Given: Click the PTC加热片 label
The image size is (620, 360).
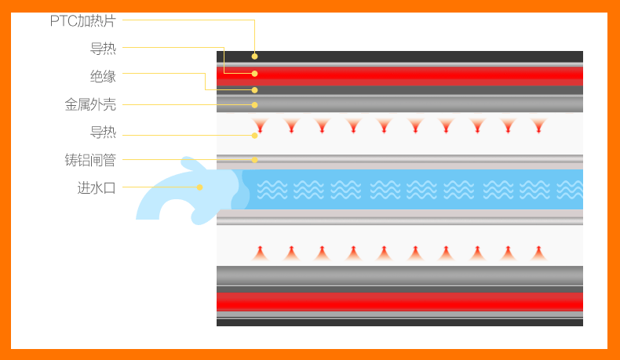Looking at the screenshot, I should [x=82, y=21].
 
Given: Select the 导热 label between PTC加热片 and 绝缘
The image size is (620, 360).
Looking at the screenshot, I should [x=103, y=49].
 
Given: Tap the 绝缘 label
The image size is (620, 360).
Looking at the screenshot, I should [x=103, y=76].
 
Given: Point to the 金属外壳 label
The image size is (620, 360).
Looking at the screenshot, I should [x=90, y=104].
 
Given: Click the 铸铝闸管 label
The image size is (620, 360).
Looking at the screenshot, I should [x=90, y=160].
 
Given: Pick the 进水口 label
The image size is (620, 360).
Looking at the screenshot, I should [x=97, y=187].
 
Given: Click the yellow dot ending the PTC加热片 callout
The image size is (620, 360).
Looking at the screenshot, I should [x=254, y=56].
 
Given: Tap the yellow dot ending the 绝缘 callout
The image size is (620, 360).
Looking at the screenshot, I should [x=254, y=89].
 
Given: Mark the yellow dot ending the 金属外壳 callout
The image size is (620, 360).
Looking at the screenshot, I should [x=254, y=104].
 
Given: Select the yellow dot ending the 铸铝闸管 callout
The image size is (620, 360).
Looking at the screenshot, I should [x=254, y=160].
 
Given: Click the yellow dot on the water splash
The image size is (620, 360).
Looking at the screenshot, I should [x=200, y=187].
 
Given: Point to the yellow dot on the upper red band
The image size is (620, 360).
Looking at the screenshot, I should [x=254, y=73].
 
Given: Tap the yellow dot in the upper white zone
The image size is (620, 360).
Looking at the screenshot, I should [x=254, y=135].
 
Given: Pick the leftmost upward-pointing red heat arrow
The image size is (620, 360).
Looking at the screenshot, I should [x=260, y=253].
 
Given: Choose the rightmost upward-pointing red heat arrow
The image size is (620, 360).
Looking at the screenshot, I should [x=538, y=253].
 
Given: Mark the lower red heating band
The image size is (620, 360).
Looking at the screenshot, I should [x=399, y=301].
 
